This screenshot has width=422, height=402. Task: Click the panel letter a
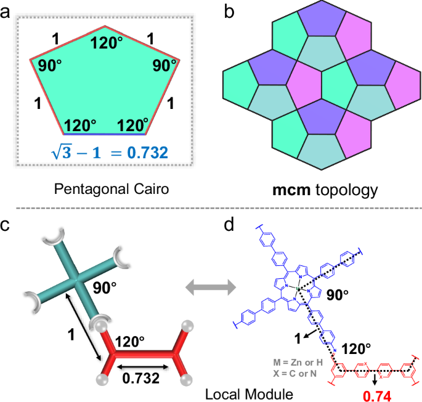tap(7, 10)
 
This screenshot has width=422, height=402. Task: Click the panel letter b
tap(227, 10)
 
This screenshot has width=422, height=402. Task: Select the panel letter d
tap(228, 225)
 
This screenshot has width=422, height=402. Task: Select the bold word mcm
tap(289, 190)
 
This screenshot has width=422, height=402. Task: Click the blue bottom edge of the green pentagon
tap(105, 133)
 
